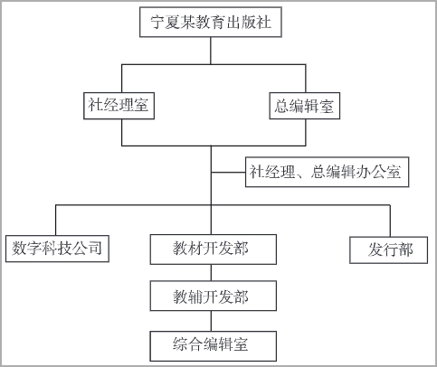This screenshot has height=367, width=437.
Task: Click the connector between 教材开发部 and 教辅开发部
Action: pos(211,273)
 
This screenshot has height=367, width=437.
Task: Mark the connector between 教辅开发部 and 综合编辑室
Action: pos(211,321)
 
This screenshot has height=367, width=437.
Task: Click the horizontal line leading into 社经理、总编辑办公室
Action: pos(228,173)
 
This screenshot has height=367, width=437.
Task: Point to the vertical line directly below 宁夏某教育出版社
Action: pos(211,51)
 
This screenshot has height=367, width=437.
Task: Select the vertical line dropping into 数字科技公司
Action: pos(55,221)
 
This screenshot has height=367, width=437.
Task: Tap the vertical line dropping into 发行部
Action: pos(390,221)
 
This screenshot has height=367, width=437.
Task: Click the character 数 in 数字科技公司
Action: pos(19,249)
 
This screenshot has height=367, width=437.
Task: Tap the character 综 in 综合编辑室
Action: pos(180,344)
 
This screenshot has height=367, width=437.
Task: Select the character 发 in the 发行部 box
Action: pos(375,249)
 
